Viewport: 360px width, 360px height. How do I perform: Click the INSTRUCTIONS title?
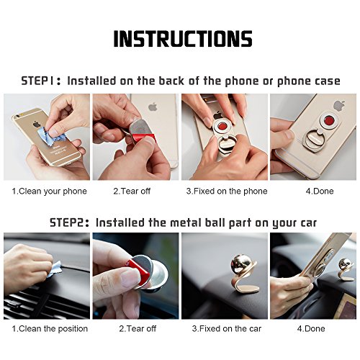183,39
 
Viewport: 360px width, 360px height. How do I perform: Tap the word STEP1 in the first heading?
38,81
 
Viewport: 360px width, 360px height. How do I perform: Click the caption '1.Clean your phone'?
50,192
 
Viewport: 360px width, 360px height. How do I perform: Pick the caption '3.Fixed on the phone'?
227,192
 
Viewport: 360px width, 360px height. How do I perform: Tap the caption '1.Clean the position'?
50,328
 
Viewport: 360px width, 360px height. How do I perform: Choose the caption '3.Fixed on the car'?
227,328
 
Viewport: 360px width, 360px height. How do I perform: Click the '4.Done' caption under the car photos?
311,328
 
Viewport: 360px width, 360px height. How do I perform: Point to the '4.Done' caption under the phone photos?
320,192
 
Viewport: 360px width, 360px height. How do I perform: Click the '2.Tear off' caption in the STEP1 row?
132,192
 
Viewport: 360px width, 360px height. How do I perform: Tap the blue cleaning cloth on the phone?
51,135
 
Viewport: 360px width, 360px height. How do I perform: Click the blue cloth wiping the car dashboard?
55,269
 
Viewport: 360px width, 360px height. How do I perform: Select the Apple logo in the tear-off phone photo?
153,107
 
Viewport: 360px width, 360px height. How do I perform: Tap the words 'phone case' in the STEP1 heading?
309,81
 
